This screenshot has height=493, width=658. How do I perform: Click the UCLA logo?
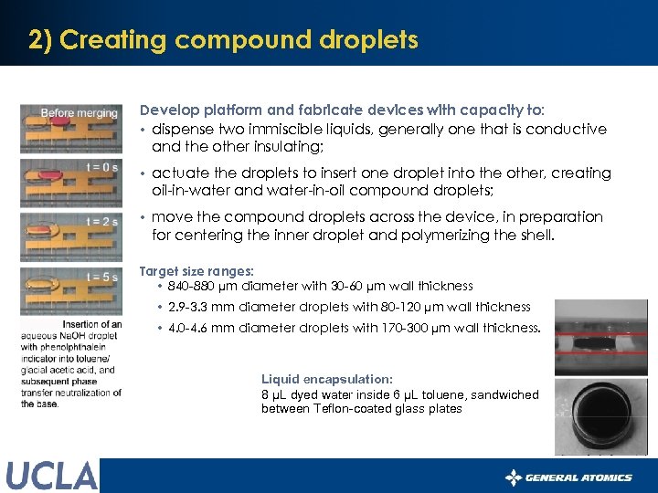pos(51,476)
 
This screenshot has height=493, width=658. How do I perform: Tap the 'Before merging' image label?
pos(80,113)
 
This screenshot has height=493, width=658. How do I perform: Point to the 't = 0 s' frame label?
pos(101,167)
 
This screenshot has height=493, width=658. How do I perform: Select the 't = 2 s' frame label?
pos(101,221)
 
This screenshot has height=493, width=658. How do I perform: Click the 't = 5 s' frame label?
pos(101,277)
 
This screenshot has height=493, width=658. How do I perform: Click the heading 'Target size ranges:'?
pos(196,271)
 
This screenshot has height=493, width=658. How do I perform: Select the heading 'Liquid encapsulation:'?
pos(326,378)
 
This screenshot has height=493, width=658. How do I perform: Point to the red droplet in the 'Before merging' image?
pos(58,119)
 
